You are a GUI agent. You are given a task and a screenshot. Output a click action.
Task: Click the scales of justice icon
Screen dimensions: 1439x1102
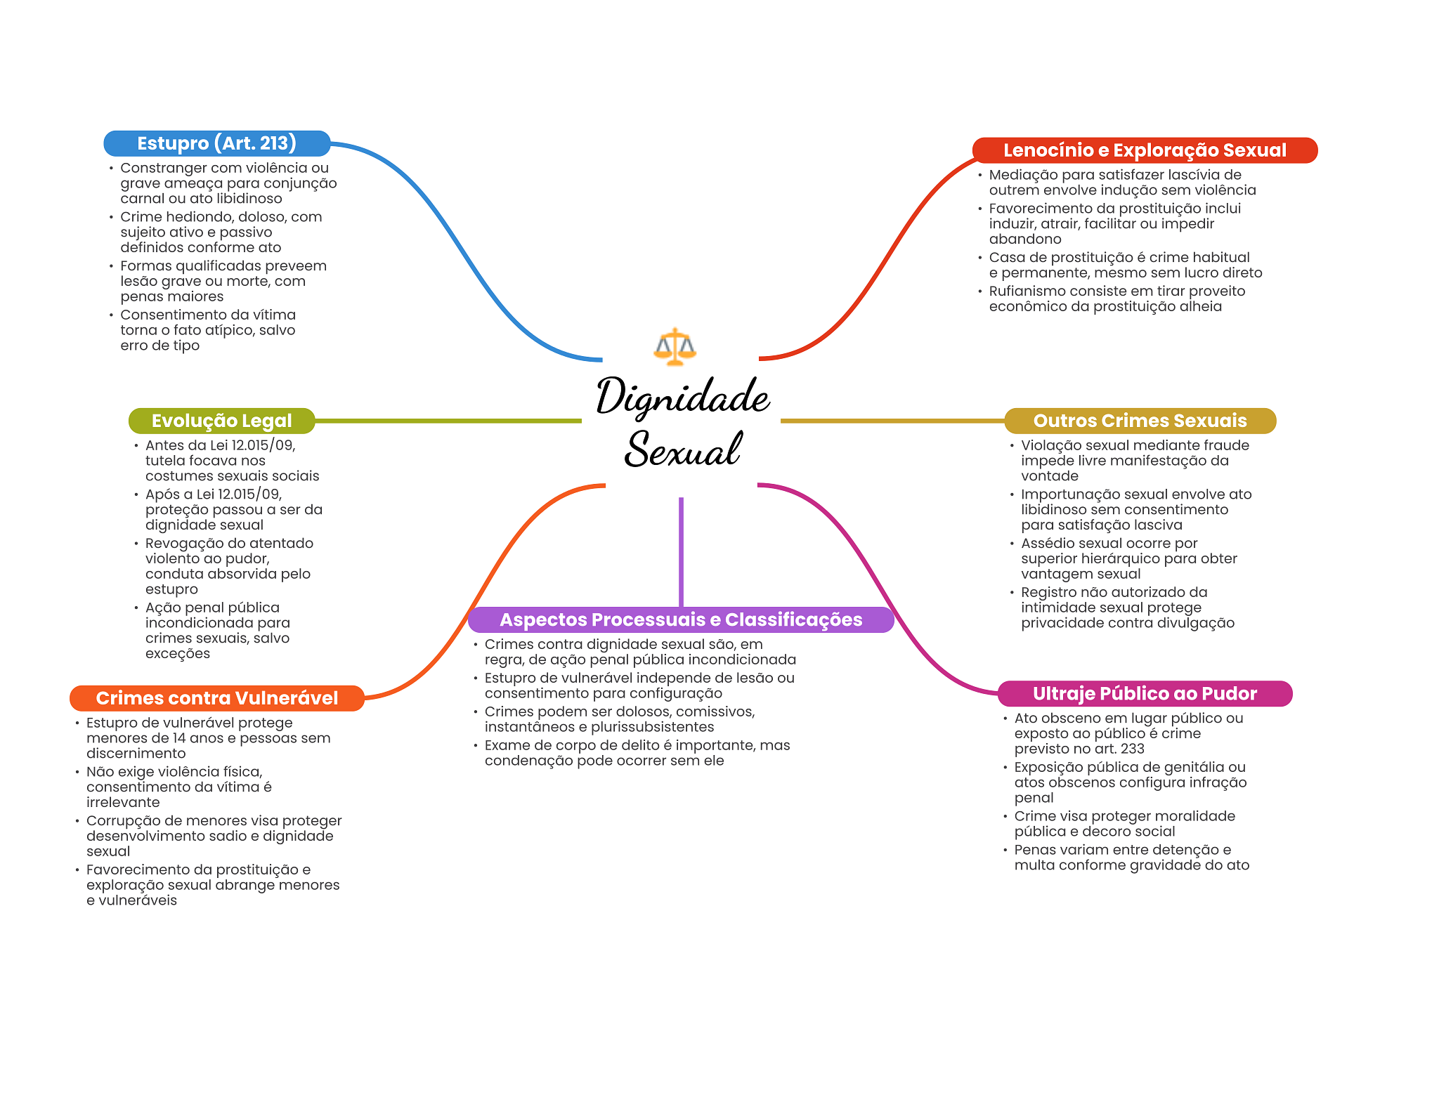[x=675, y=346]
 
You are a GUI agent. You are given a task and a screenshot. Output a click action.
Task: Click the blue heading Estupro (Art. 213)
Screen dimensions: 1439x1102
[x=216, y=143]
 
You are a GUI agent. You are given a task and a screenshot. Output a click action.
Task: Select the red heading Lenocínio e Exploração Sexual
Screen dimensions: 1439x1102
[x=1144, y=150]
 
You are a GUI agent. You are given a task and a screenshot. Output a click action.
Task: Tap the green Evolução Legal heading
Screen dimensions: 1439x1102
[x=221, y=421]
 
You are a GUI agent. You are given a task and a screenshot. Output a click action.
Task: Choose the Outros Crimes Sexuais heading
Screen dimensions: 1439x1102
[x=1140, y=421]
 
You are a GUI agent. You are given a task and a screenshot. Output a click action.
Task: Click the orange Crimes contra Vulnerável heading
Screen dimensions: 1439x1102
[x=216, y=698]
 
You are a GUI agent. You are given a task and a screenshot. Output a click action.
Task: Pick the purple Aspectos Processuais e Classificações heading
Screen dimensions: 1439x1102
[x=680, y=619]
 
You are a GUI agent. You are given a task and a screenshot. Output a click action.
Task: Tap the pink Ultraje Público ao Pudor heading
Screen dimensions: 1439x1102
[x=1144, y=694]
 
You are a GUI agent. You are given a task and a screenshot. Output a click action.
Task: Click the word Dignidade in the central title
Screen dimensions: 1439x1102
[x=683, y=397]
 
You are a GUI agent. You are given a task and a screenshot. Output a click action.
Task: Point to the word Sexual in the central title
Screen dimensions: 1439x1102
[x=683, y=450]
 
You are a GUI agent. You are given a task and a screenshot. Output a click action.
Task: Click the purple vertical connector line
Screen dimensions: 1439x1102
[x=681, y=551]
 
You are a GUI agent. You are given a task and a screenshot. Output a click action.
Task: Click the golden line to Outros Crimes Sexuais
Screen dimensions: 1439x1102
[x=892, y=421]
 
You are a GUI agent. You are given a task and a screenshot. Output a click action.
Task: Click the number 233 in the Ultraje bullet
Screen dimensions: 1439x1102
[x=1133, y=749]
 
